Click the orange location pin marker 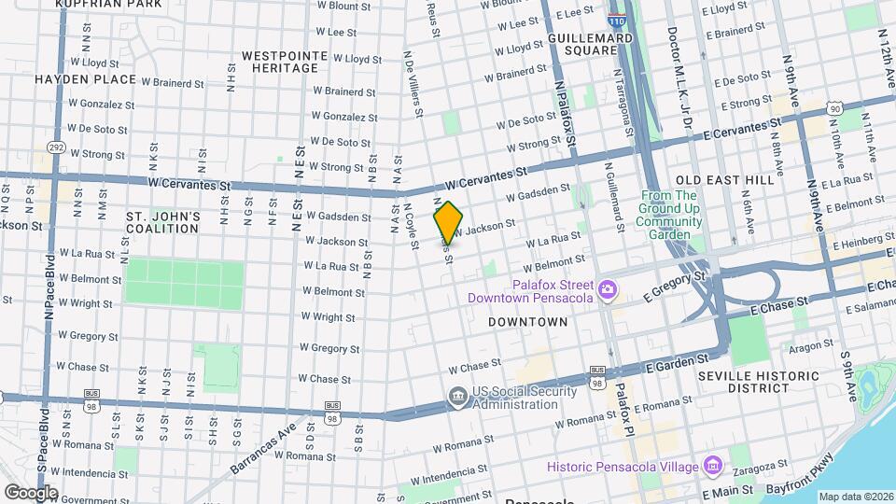448,222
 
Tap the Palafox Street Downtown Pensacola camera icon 608,290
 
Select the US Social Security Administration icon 457,397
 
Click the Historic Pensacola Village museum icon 713,465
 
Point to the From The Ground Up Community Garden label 668,215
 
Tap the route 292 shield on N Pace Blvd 56,147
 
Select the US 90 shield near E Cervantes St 834,109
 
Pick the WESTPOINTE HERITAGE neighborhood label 285,63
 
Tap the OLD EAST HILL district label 724,179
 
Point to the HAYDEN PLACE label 85,80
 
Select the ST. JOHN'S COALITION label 162,222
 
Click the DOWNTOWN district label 527,321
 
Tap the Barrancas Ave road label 264,445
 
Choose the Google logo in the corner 30,493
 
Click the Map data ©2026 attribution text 855,497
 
